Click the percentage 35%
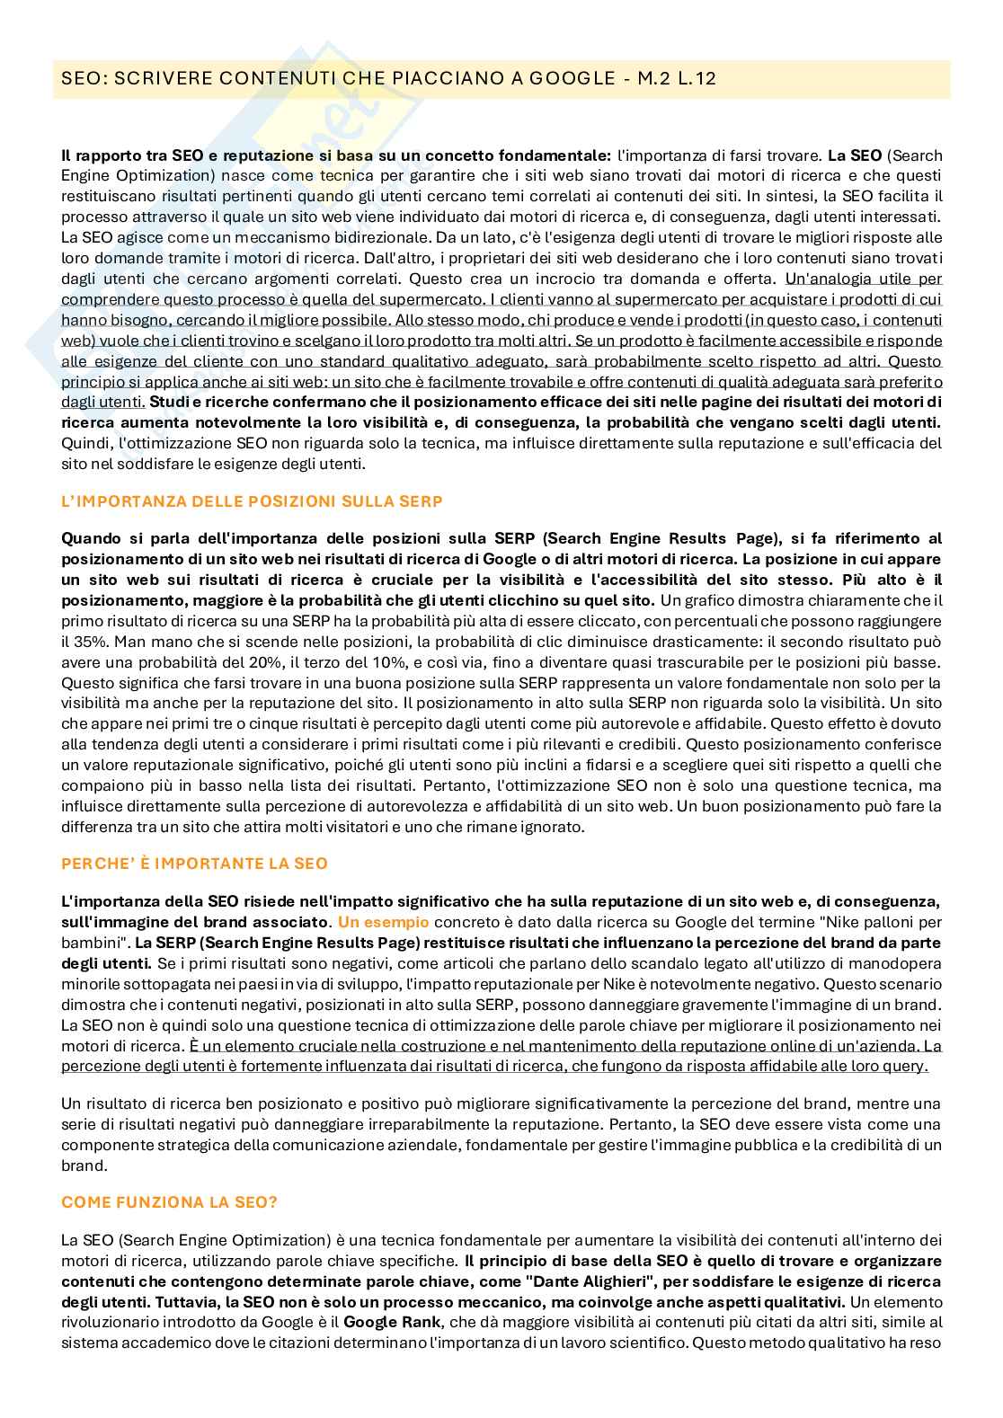pyautogui.click(x=75, y=642)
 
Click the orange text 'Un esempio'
pyautogui.click(x=383, y=922)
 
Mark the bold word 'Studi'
pyautogui.click(x=169, y=402)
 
